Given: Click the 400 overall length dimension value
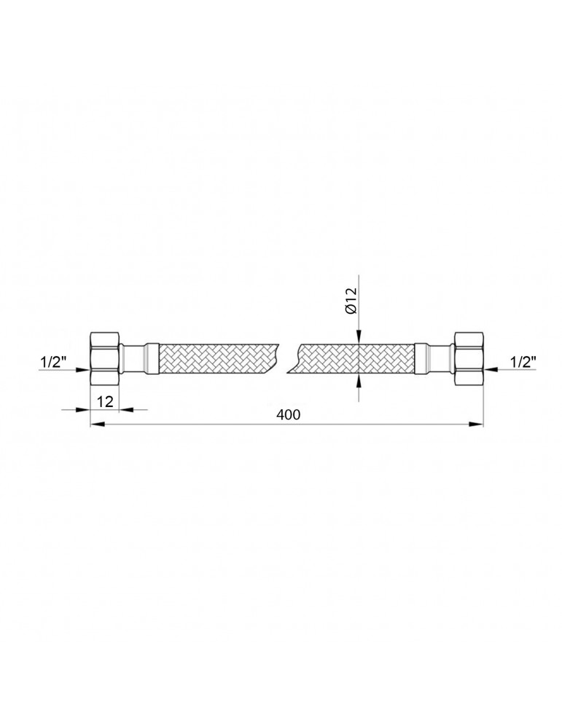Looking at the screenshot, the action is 288,414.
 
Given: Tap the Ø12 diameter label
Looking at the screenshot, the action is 351,301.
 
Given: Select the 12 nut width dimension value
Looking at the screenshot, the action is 106,402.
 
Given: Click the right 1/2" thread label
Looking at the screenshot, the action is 523,362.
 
